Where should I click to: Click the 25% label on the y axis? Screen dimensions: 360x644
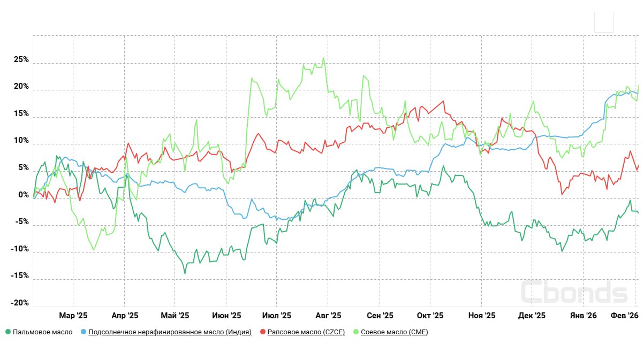(21, 60)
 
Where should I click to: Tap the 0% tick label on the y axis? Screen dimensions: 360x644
(23, 195)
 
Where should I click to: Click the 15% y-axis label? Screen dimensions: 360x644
(21, 114)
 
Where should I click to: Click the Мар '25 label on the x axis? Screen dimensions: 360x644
(73, 316)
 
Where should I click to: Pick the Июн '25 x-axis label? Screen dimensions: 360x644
(226, 316)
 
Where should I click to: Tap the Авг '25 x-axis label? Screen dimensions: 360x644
(329, 316)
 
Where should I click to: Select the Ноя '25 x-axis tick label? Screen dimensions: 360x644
(482, 316)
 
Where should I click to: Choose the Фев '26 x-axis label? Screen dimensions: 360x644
(625, 316)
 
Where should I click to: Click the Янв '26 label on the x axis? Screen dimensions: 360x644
(584, 316)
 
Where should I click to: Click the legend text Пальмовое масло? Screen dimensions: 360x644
(42, 332)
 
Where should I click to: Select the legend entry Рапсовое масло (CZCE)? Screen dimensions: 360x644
(306, 332)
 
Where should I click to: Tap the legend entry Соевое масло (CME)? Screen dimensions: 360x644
(395, 332)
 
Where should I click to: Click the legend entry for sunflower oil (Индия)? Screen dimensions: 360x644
(170, 332)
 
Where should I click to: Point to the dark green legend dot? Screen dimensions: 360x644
(8, 332)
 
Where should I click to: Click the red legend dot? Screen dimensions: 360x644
(263, 332)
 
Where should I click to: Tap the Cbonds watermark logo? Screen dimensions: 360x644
(574, 293)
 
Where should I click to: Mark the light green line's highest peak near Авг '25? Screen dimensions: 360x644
(323, 58)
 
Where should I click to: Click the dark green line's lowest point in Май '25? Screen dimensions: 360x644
(185, 274)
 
